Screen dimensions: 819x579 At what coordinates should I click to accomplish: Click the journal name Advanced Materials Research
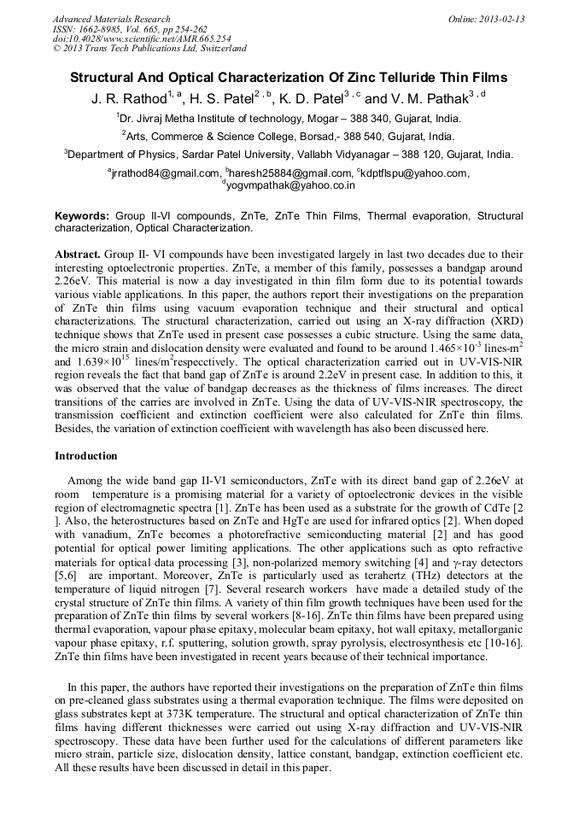(x=111, y=19)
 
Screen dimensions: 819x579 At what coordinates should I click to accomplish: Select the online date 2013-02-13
(x=503, y=19)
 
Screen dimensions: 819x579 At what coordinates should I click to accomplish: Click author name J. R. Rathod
(x=128, y=99)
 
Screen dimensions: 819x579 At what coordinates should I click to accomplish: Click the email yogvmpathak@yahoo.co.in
(x=290, y=184)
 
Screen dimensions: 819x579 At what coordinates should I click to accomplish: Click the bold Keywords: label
(x=82, y=216)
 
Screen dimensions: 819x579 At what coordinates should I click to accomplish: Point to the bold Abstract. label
(x=79, y=254)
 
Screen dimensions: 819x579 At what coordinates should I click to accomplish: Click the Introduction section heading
(x=86, y=456)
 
